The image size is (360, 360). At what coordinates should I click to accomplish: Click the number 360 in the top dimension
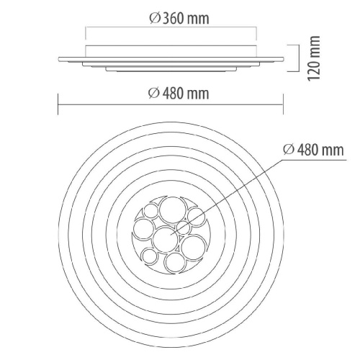(174, 19)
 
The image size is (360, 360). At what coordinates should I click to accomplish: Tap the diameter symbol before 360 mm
(155, 19)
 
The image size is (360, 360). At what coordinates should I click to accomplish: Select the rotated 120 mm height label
(314, 58)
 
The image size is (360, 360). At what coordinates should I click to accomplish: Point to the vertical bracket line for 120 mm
(300, 58)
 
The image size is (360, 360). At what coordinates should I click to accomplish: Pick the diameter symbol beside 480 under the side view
(154, 94)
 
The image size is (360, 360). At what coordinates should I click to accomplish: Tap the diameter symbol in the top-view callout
(289, 150)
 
